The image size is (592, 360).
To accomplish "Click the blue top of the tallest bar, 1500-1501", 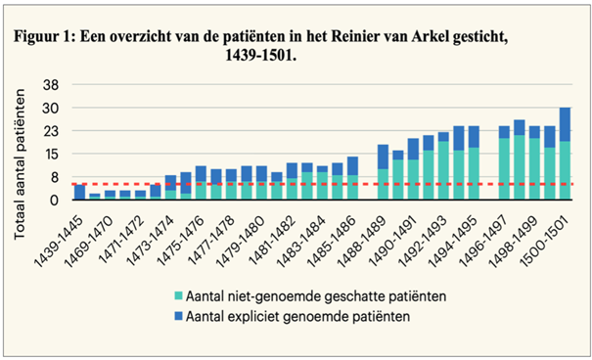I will [x=566, y=123].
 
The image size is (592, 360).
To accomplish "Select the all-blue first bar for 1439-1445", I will [x=79, y=192].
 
